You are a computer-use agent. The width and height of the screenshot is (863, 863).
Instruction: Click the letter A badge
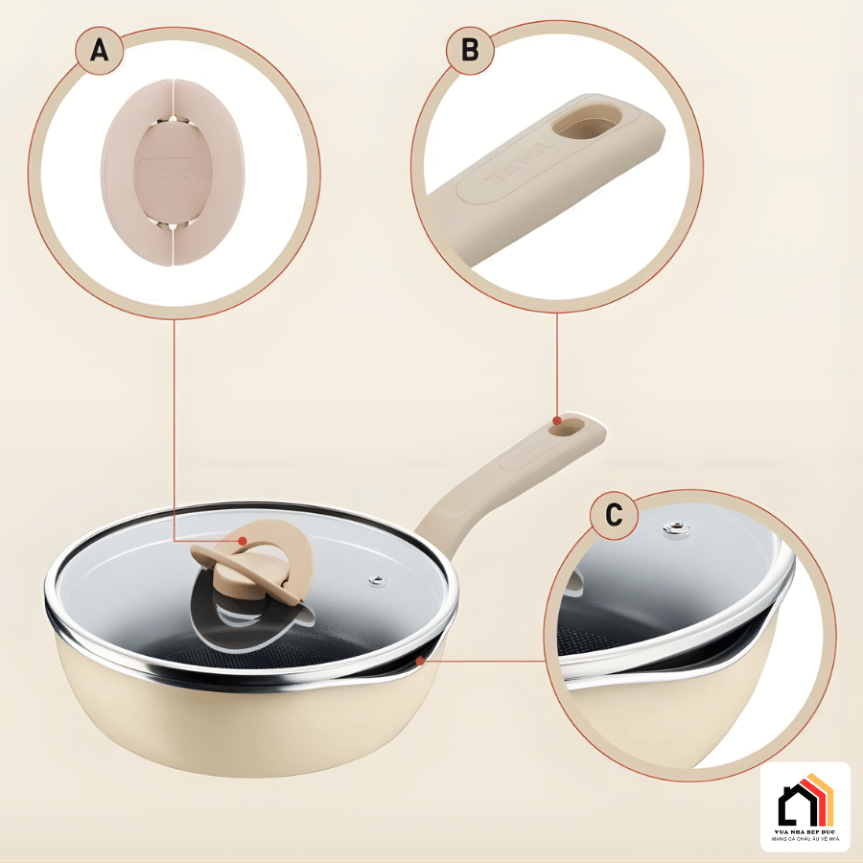(x=99, y=50)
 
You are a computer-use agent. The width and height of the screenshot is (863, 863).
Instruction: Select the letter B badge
(x=470, y=50)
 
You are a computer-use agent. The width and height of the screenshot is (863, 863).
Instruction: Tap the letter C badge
(x=614, y=516)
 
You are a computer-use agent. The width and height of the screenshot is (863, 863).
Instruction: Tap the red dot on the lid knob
(x=245, y=541)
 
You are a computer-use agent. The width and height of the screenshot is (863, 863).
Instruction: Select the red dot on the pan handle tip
(x=557, y=419)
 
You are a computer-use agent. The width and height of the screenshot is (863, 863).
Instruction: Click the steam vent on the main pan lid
(x=377, y=580)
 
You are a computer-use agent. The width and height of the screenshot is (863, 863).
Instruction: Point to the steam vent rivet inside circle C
(x=678, y=527)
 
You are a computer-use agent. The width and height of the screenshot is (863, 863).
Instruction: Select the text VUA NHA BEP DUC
(x=805, y=830)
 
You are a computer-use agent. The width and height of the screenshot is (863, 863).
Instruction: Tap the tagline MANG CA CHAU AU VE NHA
(x=805, y=839)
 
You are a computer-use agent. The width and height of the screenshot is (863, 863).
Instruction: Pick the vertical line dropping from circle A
(x=174, y=431)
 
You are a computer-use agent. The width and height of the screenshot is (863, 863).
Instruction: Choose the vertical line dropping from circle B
(x=557, y=364)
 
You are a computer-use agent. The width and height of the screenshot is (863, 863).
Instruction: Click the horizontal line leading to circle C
(x=489, y=660)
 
